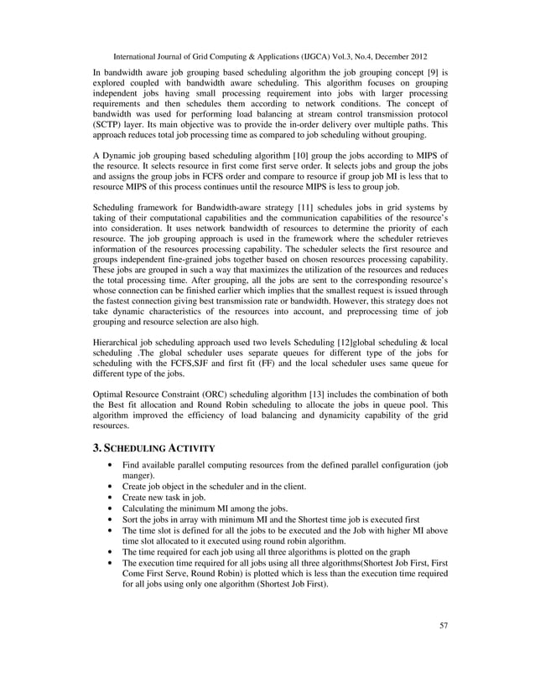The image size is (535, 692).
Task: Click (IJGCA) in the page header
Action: (294, 56)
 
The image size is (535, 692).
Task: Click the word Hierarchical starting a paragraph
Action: (117, 343)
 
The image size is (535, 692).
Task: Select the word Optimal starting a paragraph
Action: (109, 392)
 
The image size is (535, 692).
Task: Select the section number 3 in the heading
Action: (96, 448)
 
